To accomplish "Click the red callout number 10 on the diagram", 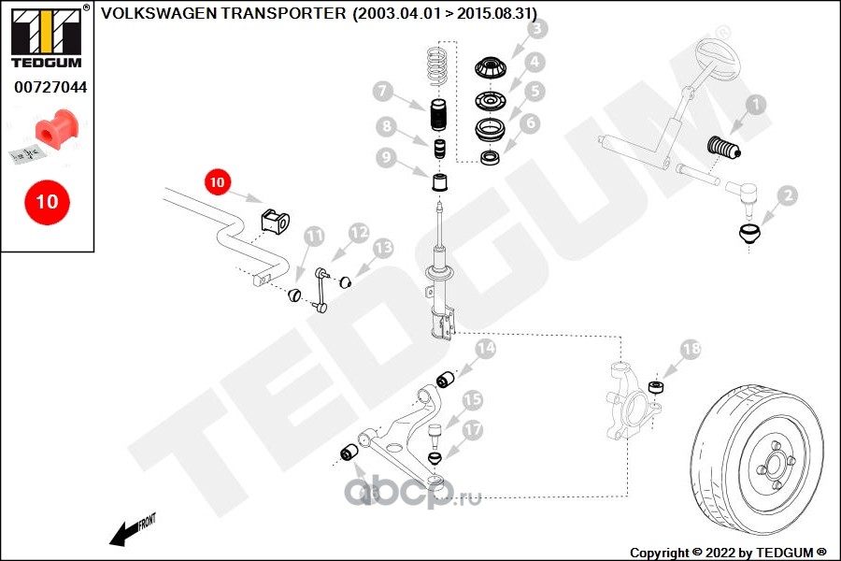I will [218, 183].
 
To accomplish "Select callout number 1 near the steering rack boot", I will [754, 107].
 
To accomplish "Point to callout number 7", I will [381, 92].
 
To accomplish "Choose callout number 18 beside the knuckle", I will [690, 350].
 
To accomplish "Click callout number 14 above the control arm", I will [485, 350].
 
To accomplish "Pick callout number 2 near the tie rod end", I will [787, 195].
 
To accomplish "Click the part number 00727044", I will [48, 87].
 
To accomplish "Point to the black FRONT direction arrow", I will [127, 532].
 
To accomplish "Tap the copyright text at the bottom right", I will [728, 552].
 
